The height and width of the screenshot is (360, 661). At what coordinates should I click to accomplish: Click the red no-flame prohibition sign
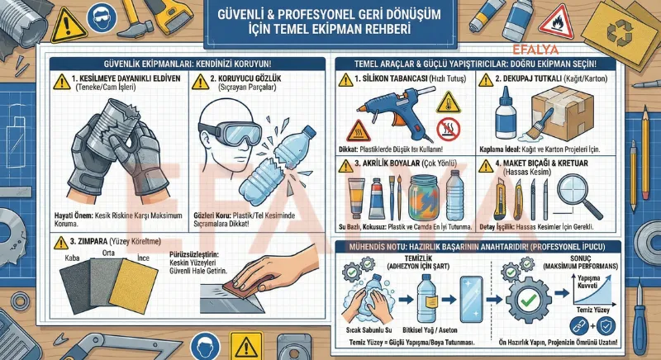click(x=447, y=128)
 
